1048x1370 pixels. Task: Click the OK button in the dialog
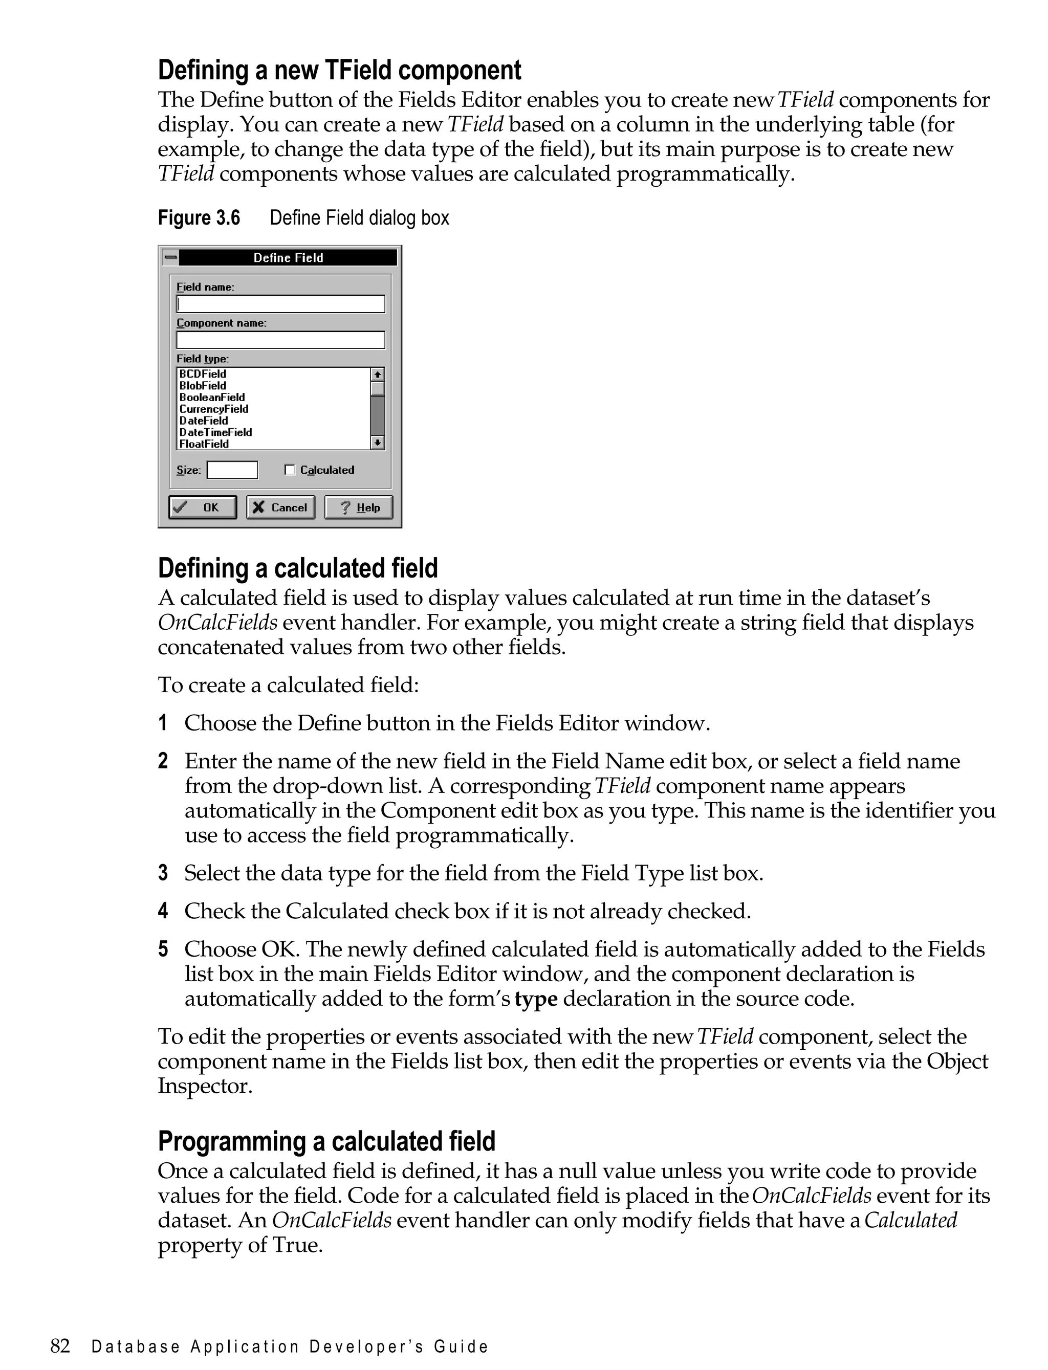pyautogui.click(x=202, y=507)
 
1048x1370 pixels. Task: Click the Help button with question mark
pyautogui.click(x=358, y=507)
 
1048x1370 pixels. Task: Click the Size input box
pyautogui.click(x=232, y=470)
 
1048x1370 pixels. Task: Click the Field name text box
pyautogui.click(x=281, y=304)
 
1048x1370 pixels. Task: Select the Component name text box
pyautogui.click(x=281, y=340)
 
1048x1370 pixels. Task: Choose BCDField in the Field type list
pyautogui.click(x=203, y=373)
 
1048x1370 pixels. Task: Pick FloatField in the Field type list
pyautogui.click(x=204, y=444)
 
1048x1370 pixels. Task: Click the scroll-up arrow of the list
pyautogui.click(x=378, y=374)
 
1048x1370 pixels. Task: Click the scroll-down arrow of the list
pyautogui.click(x=378, y=443)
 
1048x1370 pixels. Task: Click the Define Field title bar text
pyautogui.click(x=288, y=257)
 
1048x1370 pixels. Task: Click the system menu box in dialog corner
pyautogui.click(x=170, y=257)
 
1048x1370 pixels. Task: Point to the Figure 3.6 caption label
pyautogui.click(x=199, y=217)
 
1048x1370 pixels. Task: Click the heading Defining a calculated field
pyautogui.click(x=297, y=568)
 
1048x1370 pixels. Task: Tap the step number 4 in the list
pyautogui.click(x=163, y=911)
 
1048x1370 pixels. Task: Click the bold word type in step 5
pyautogui.click(x=535, y=999)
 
